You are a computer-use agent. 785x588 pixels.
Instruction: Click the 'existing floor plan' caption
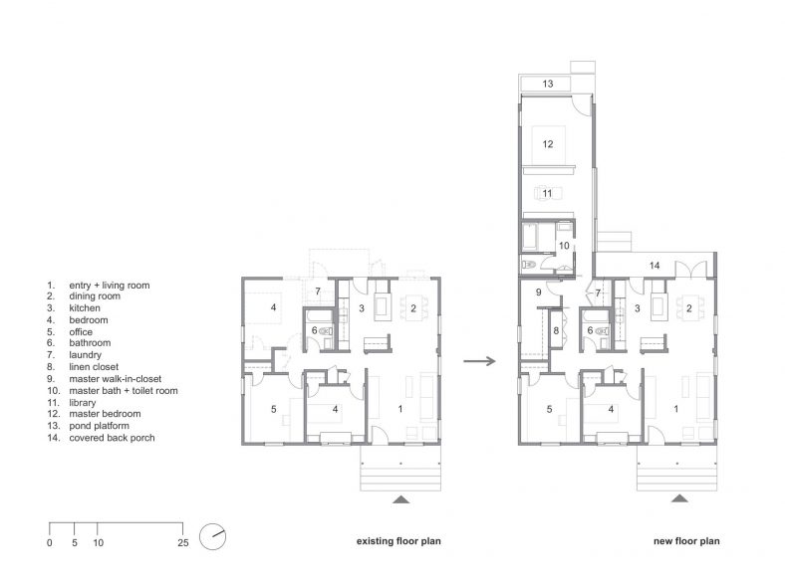(x=398, y=542)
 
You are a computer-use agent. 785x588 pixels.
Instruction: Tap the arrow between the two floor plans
(x=480, y=361)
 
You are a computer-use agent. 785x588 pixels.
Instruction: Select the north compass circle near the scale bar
(x=212, y=536)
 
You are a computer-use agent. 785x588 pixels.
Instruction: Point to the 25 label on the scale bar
(x=181, y=543)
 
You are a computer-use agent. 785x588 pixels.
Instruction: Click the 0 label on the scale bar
(x=50, y=543)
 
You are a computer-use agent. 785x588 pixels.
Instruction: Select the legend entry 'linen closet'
(x=93, y=366)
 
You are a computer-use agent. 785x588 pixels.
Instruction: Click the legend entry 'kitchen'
(x=86, y=308)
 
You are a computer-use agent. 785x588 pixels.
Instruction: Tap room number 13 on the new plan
(x=548, y=85)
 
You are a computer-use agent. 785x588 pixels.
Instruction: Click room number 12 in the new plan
(x=547, y=143)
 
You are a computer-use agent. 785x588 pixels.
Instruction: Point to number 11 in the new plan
(x=547, y=193)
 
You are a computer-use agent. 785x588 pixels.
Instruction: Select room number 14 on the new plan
(x=654, y=266)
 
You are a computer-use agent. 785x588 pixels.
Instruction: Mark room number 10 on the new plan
(x=563, y=245)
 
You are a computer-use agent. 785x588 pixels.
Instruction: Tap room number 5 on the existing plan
(x=270, y=408)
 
